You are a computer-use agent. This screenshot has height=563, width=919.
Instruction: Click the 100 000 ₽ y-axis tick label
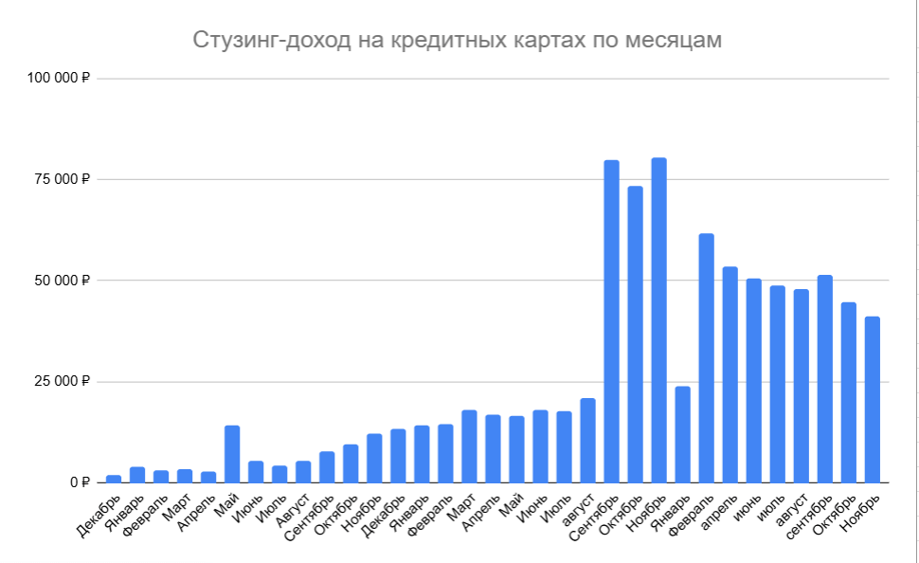[x=58, y=78]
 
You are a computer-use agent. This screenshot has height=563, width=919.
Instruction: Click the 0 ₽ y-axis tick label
[x=81, y=482]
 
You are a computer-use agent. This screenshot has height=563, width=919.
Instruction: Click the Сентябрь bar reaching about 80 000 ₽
[x=612, y=322]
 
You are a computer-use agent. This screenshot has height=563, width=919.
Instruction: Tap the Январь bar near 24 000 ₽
[x=683, y=435]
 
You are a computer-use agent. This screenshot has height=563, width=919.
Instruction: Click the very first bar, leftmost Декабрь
[x=114, y=479]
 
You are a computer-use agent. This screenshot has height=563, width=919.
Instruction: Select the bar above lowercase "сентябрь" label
[x=825, y=379]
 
